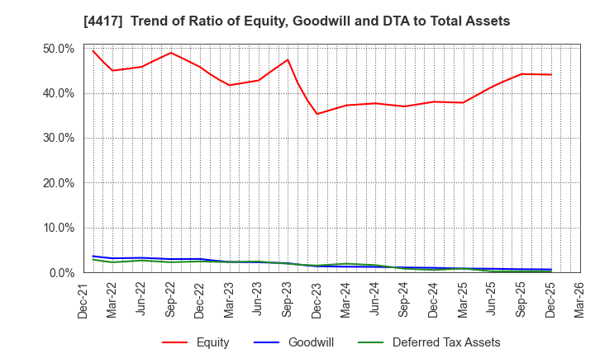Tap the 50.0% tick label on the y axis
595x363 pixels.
coord(58,49)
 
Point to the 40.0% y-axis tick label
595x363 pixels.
coord(58,93)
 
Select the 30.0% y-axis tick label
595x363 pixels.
coord(58,139)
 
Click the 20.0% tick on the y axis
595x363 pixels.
coord(58,183)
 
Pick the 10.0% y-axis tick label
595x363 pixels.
coord(58,228)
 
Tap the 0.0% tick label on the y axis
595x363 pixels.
coord(61,272)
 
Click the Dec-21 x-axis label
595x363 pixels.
coord(84,299)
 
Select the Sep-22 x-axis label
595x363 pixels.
coord(171,299)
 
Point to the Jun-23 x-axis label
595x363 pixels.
coord(259,299)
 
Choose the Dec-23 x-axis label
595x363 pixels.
coord(317,299)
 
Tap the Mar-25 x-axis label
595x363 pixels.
coord(464,299)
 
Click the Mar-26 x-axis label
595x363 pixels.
coord(579,299)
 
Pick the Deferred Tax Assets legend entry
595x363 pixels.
coord(435,342)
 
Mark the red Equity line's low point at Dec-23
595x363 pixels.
coord(317,114)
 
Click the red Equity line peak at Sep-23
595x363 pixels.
coord(288,59)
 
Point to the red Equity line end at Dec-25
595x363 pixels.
coord(550,75)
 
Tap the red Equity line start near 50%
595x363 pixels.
coord(93,51)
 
